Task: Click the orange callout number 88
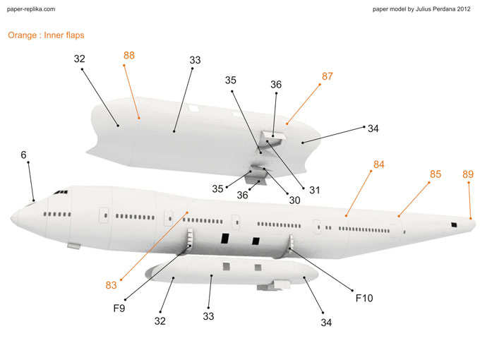click(129, 55)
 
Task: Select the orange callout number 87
click(328, 76)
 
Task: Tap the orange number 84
click(379, 164)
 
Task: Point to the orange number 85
click(436, 174)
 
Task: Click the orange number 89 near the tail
click(468, 174)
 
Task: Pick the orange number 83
click(112, 285)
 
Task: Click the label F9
click(119, 308)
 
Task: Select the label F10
click(364, 298)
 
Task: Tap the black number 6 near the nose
click(23, 154)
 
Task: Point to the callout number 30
click(294, 200)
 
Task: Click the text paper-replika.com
click(30, 9)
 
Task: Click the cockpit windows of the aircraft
click(61, 191)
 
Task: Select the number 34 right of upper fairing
click(373, 128)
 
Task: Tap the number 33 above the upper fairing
click(196, 61)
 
